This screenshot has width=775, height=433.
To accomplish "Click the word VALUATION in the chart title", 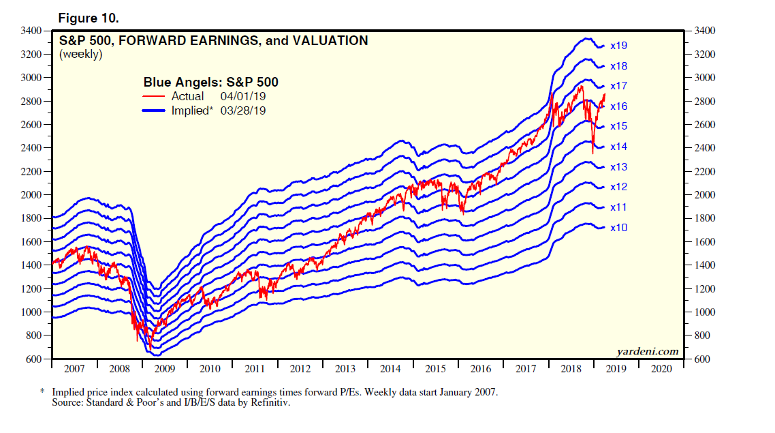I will pos(330,41).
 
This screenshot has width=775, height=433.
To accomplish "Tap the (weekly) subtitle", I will pos(80,54).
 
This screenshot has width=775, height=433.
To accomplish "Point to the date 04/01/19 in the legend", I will pos(243,97).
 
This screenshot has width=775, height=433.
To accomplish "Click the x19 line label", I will pos(618,46).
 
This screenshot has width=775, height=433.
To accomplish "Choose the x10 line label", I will pos(618,228).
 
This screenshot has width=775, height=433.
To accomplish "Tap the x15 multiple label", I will pos(618,127).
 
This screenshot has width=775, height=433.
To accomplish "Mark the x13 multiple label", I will pos(618,167).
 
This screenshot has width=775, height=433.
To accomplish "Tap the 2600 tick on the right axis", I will pos(705,125).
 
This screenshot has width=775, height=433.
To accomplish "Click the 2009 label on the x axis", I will pos(164,369).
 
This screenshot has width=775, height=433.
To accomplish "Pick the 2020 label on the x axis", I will pos(661,369).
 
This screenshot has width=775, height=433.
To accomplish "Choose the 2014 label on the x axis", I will pos(390,369).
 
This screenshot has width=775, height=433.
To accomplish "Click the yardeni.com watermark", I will pos(648,352).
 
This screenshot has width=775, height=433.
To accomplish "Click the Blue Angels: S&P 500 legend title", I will pos(210,83).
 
